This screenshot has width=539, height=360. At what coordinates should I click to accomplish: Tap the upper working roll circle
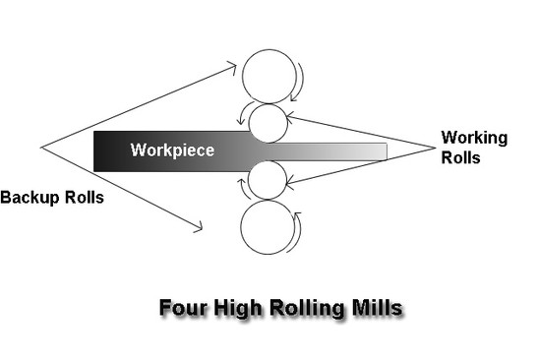point(267,123)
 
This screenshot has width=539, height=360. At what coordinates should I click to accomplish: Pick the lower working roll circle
point(267,179)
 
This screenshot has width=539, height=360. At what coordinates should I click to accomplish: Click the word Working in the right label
point(474,138)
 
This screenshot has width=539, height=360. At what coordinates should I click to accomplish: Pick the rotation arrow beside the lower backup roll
point(299,232)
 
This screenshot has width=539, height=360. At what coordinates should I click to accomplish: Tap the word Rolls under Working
point(461,156)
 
